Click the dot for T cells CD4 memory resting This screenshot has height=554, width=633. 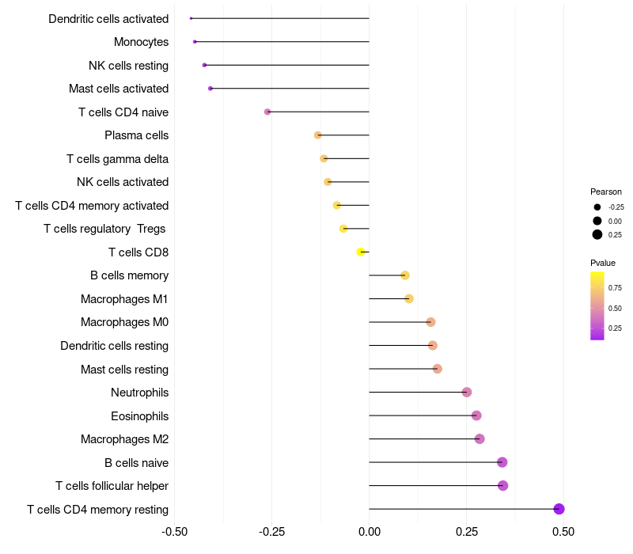click(x=559, y=509)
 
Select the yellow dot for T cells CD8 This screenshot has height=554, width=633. click(x=361, y=252)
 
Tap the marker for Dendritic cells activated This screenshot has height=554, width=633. click(x=191, y=18)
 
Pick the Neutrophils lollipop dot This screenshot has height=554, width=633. click(x=467, y=392)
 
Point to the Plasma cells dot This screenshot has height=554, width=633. click(x=318, y=135)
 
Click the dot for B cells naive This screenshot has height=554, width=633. click(x=502, y=462)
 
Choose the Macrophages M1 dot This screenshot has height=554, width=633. click(x=409, y=298)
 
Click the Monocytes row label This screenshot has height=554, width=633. click(x=141, y=42)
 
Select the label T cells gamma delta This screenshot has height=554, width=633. click(x=117, y=159)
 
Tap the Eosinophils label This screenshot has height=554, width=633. click(x=139, y=416)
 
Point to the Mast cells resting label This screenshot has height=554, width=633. click(x=124, y=370)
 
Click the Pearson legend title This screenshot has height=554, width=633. click(x=605, y=192)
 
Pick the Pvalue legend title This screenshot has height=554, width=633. click(x=602, y=263)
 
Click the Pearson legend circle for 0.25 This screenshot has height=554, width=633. click(x=597, y=234)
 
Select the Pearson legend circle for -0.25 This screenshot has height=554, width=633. click(x=597, y=207)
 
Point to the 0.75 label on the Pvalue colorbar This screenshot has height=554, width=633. click(x=615, y=287)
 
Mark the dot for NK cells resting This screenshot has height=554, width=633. click(x=205, y=65)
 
